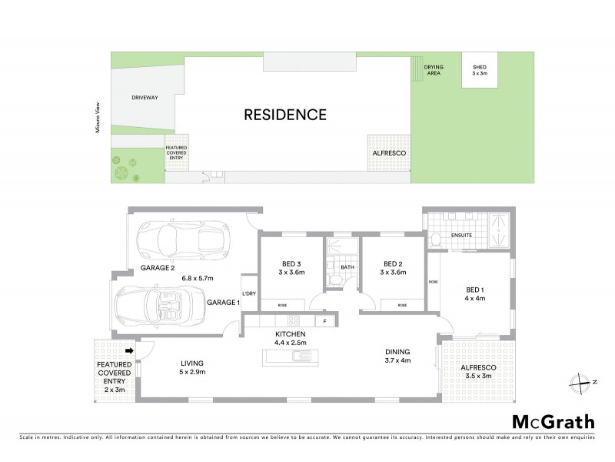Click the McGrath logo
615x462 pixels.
tap(553, 421)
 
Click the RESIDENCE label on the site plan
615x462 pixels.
tap(285, 115)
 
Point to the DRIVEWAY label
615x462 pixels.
tap(145, 99)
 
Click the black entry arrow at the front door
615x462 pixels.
tap(129, 351)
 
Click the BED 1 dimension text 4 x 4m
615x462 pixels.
tap(476, 300)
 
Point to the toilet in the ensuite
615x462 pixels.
tap(436, 239)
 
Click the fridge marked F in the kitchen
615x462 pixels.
tap(324, 320)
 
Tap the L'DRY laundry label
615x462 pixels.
tap(248, 294)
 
